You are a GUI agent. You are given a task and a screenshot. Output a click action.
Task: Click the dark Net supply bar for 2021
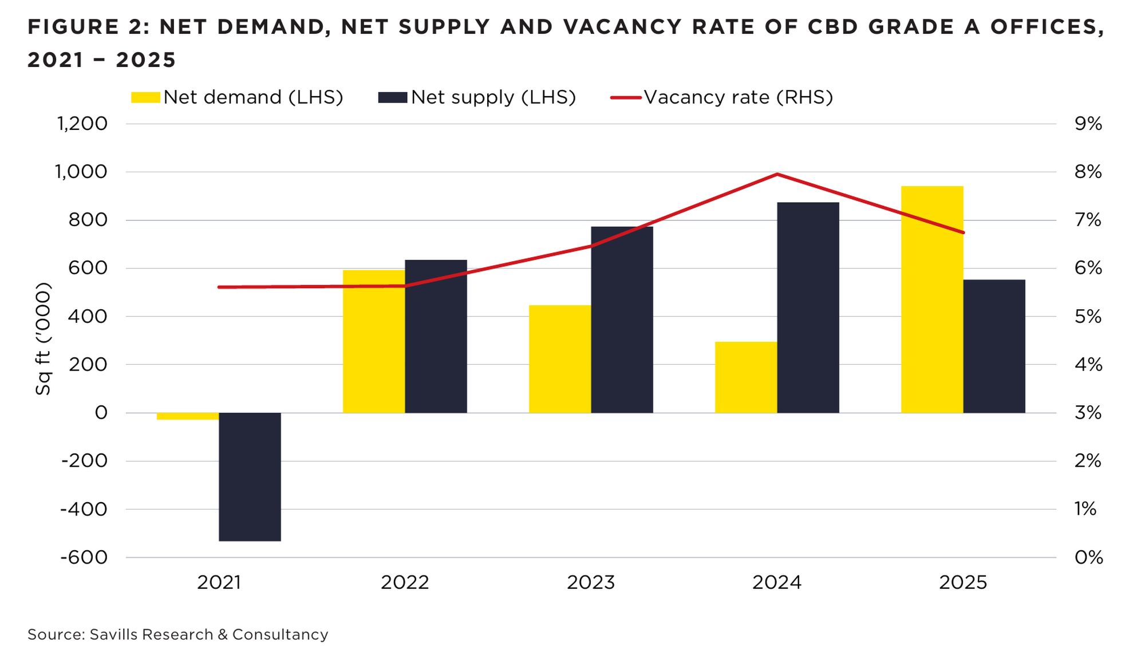coord(250,476)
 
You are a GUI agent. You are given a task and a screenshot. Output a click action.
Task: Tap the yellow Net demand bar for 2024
coord(746,377)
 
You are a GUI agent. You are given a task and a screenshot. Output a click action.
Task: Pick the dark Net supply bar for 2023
coord(622,320)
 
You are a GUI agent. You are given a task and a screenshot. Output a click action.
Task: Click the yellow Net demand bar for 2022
coord(374,341)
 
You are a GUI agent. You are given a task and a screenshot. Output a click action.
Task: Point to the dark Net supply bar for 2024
coord(808,308)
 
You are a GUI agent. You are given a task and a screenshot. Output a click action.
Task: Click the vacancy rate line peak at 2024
coord(777,174)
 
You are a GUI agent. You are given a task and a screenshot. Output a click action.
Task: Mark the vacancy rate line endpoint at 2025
coord(963,232)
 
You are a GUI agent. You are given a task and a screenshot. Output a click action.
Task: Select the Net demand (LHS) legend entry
coord(237,97)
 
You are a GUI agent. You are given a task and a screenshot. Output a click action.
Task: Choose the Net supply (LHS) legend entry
coord(477,97)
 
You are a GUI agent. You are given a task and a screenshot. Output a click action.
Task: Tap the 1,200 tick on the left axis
coord(82,124)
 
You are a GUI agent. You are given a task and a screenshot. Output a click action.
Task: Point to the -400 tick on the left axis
coord(84,509)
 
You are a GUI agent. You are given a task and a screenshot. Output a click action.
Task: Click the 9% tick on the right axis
coord(1088,124)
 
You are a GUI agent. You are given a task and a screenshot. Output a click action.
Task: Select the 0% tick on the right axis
coord(1088,557)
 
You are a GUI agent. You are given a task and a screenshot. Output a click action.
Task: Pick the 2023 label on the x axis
coord(590,582)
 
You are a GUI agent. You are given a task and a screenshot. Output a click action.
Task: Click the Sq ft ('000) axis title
coord(44,338)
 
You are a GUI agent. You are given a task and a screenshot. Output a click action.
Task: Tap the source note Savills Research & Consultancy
coord(178,634)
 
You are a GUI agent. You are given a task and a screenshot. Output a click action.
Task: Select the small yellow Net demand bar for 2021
coord(188,416)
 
